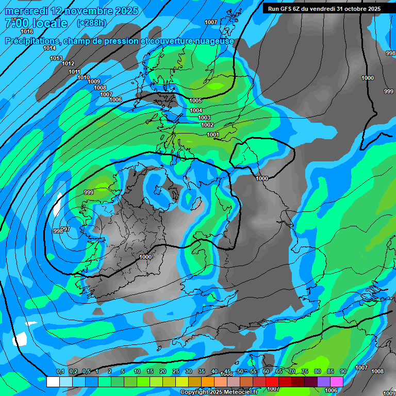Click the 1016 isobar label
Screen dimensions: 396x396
point(27,31)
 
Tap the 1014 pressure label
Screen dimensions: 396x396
point(49,48)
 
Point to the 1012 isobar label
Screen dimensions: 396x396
point(68,63)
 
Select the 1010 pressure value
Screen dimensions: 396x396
point(84,77)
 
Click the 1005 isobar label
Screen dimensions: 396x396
point(195,101)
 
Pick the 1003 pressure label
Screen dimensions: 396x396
point(204,118)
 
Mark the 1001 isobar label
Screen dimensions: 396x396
point(213,135)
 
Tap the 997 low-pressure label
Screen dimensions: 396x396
point(65,229)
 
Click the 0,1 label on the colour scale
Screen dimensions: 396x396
point(60,371)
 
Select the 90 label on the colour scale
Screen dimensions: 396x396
point(343,371)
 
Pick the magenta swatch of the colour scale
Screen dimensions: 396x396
point(337,382)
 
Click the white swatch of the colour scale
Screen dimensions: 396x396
point(53,382)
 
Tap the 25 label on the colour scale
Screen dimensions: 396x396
point(176,371)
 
